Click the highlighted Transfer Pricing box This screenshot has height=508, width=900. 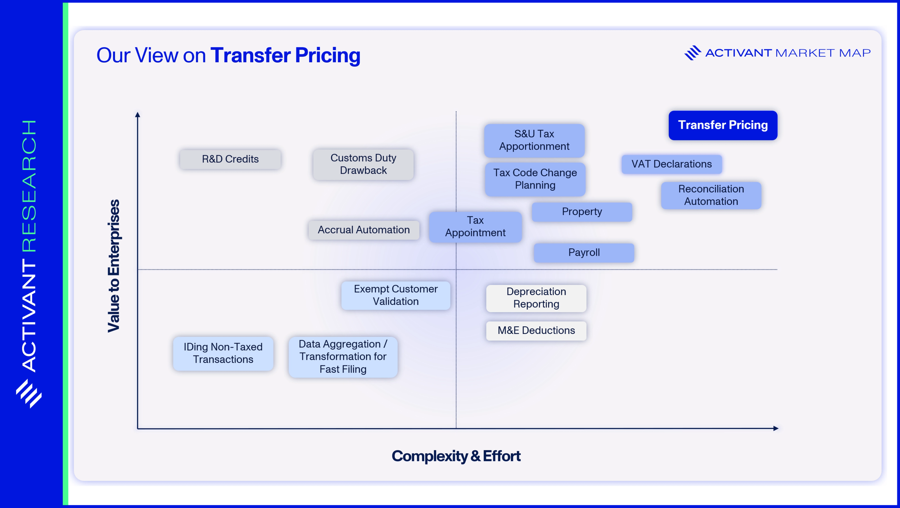click(x=723, y=125)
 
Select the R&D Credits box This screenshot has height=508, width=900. click(x=230, y=159)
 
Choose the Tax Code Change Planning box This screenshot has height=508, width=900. click(x=535, y=179)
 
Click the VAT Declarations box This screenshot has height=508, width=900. click(x=671, y=164)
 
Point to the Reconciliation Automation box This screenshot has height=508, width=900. click(x=711, y=195)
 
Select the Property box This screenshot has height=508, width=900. click(x=582, y=212)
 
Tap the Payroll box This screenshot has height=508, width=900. click(x=584, y=253)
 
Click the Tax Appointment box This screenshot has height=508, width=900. click(x=475, y=227)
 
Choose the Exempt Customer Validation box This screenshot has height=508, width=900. click(x=395, y=295)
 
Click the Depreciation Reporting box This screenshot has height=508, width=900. click(x=536, y=298)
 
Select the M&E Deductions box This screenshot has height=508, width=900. click(x=536, y=331)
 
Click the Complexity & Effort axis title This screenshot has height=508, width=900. click(x=456, y=456)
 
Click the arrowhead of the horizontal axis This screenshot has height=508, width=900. click(x=776, y=428)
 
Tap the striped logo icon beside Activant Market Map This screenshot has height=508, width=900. click(x=693, y=53)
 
